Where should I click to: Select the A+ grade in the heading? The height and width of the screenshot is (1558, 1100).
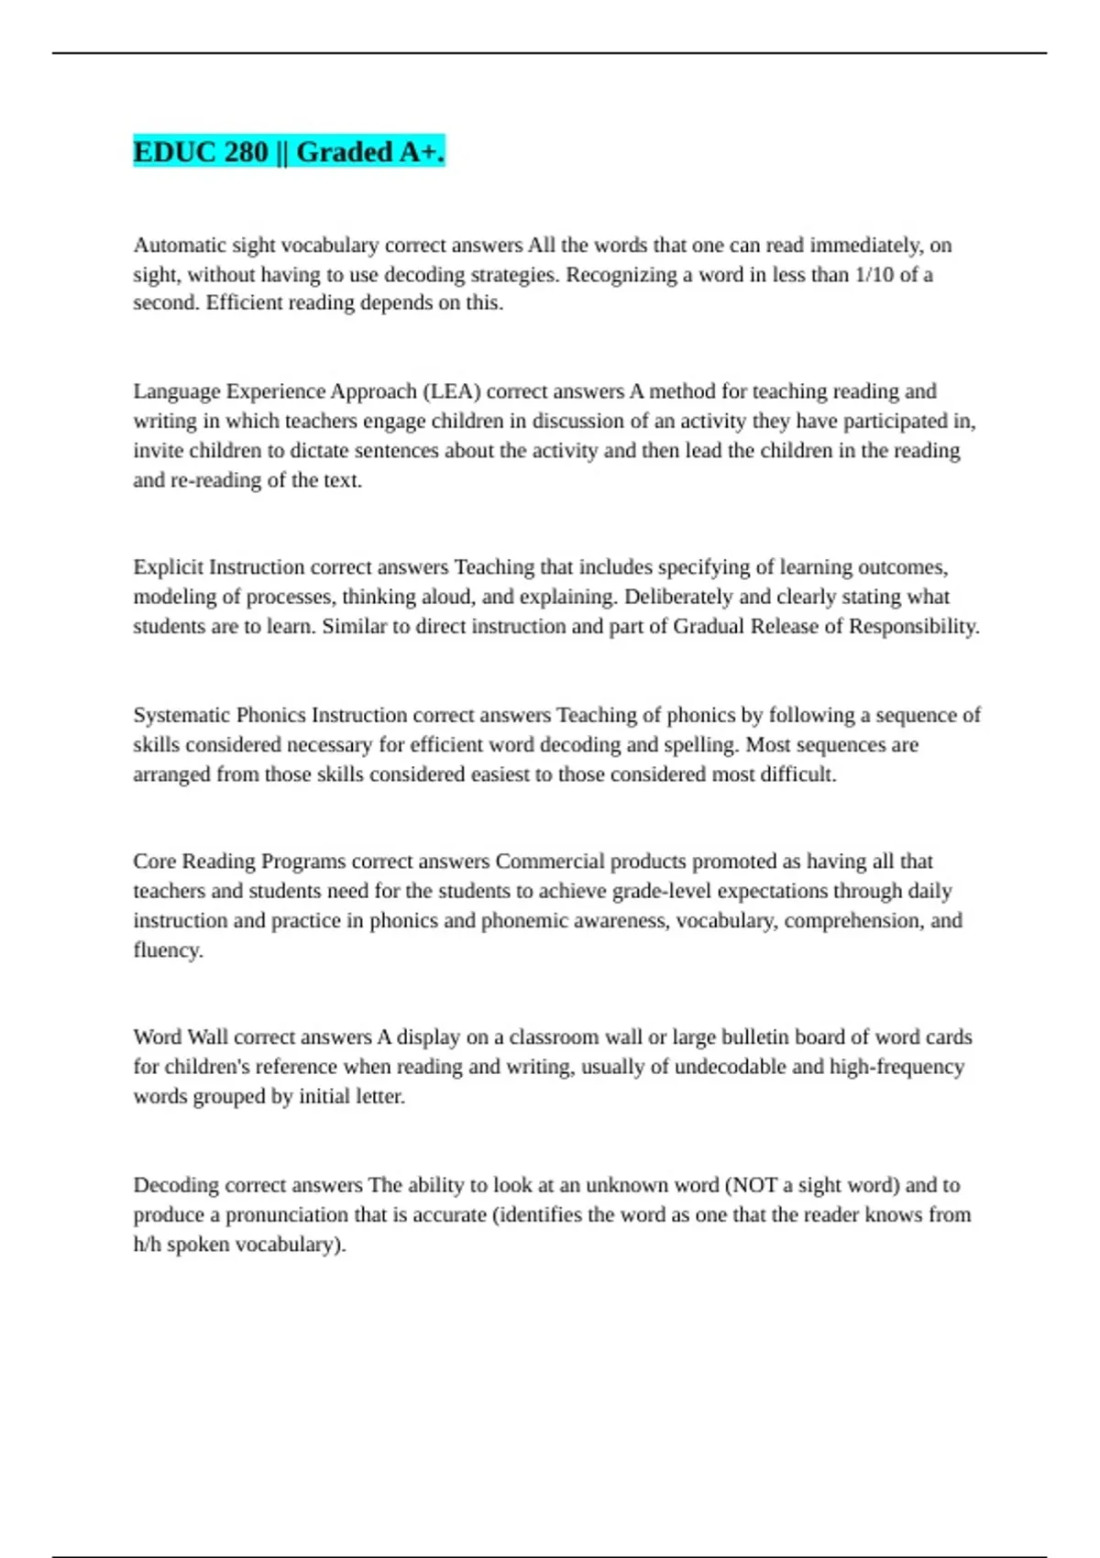click(422, 152)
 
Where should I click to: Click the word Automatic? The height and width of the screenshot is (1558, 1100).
click(179, 246)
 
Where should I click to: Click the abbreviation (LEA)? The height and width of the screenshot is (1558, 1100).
click(451, 391)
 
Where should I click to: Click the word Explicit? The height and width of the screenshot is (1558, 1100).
click(168, 567)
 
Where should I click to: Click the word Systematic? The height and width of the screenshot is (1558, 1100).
click(181, 715)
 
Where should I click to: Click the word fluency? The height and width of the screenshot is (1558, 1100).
click(167, 950)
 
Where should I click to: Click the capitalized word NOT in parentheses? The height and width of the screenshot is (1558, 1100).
click(752, 1185)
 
